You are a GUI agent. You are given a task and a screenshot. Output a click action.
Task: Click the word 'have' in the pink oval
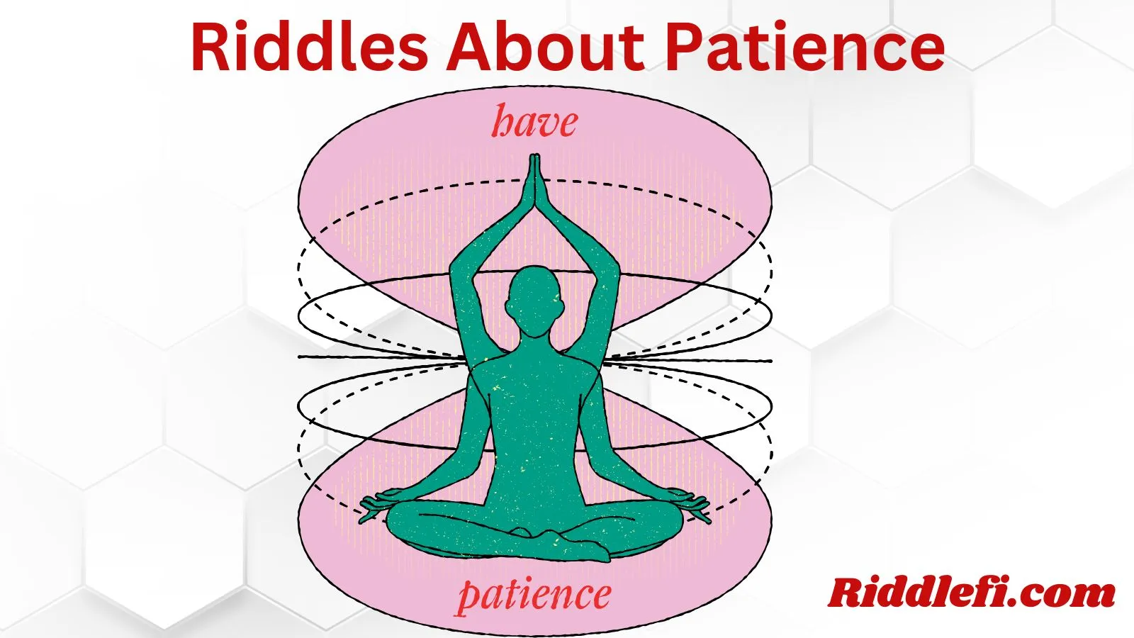point(535,123)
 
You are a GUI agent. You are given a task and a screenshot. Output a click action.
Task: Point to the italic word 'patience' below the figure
point(534,595)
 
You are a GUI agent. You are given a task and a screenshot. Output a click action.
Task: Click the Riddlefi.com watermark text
point(972,593)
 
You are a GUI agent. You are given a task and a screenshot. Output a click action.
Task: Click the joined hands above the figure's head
point(533,181)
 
